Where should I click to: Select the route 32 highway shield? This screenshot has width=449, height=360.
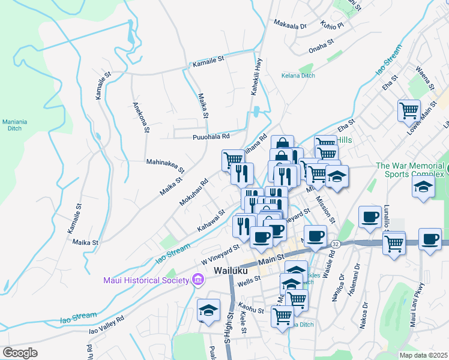tap(336, 244)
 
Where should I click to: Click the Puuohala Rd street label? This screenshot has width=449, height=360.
tap(211, 137)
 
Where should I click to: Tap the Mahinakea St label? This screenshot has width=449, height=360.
tap(165, 162)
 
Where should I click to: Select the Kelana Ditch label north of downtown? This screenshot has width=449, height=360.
tap(298, 76)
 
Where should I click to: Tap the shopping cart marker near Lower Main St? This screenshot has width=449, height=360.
tap(408, 110)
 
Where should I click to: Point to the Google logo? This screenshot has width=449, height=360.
tap(20, 353)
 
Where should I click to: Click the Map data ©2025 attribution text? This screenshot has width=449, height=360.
tap(423, 355)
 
